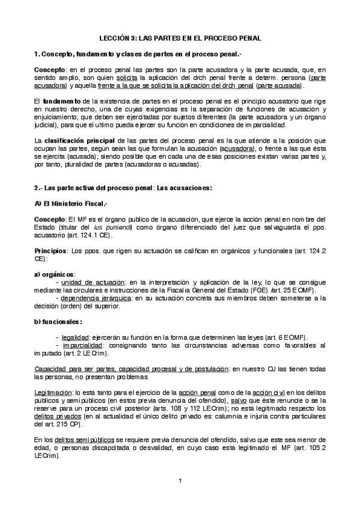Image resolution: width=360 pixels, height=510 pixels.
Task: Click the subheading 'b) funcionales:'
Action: [58, 322]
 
